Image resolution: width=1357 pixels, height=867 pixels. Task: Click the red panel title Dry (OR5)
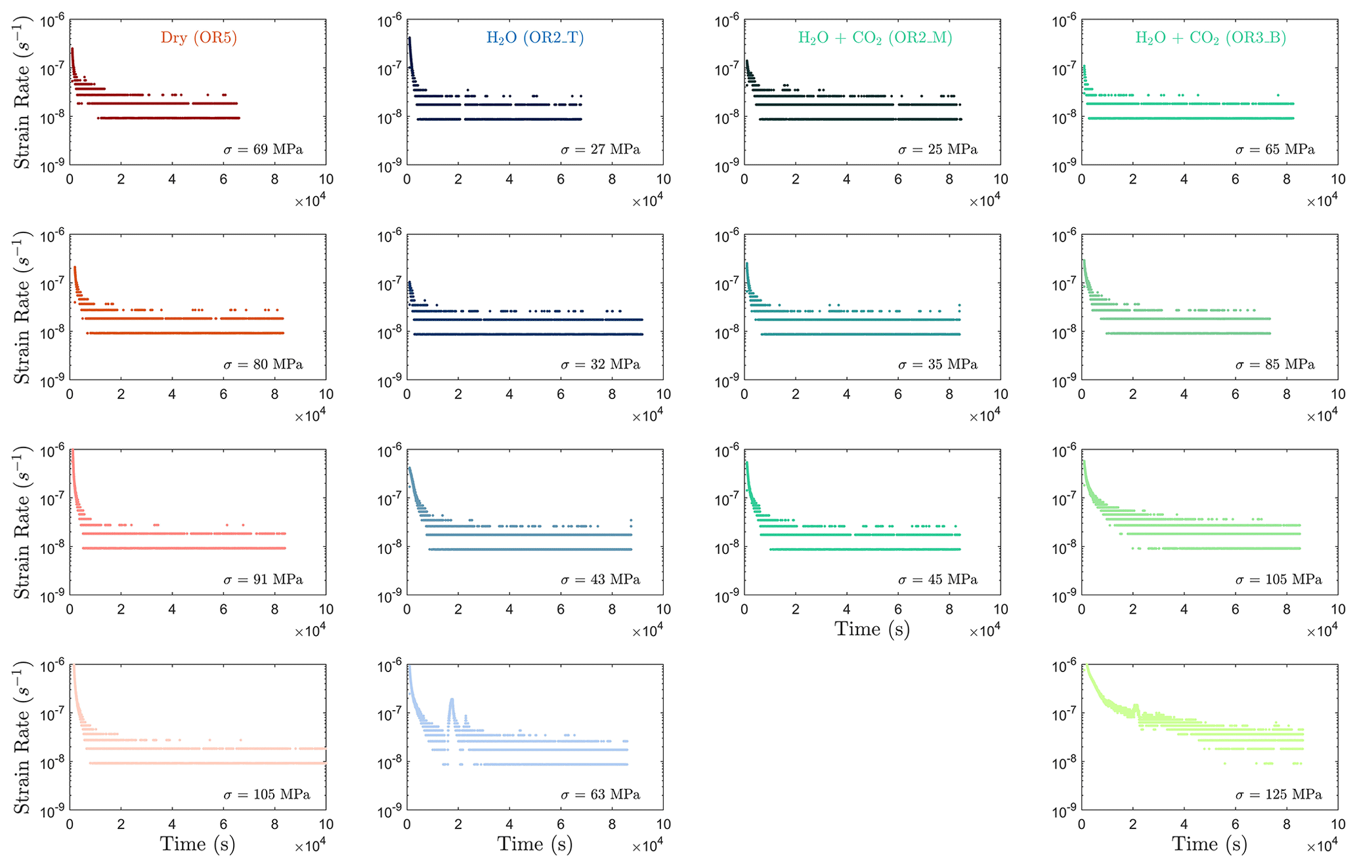198,37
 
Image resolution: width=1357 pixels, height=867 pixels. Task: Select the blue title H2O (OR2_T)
535,37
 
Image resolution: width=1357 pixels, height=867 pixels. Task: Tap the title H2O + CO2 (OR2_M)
874,37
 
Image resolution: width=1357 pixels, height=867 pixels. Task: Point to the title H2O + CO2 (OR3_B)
1211,37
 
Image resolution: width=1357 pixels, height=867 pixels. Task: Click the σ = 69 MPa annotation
263,150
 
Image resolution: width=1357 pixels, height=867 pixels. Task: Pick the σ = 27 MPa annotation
600,150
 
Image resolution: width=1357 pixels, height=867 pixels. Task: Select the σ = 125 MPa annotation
1278,795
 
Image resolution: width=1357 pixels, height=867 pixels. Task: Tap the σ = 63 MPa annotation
600,795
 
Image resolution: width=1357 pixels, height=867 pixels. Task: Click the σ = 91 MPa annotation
263,580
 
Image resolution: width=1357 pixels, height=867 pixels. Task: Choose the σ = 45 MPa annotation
937,580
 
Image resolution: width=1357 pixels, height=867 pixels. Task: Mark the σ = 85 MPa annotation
1275,364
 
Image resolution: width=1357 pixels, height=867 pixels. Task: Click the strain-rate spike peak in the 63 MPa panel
452,700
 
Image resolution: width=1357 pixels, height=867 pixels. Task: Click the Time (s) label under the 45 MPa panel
872,629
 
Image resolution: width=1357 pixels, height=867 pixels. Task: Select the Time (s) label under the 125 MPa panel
1209,844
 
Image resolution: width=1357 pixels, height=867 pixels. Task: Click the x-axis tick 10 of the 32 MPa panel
663,394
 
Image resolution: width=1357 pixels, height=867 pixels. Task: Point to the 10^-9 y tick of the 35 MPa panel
727,381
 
